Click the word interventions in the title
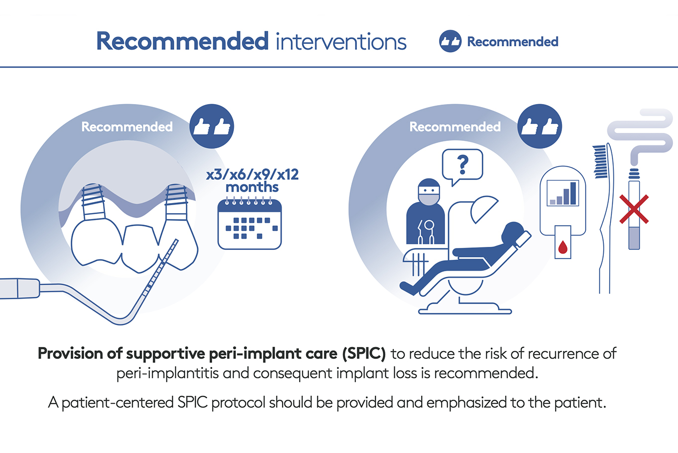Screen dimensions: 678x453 click(x=341, y=41)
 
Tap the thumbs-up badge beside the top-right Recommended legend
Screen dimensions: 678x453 click(x=450, y=41)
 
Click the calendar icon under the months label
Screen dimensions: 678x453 click(x=250, y=224)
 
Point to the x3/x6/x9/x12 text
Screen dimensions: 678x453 click(x=252, y=174)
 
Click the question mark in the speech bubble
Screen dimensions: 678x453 click(x=462, y=165)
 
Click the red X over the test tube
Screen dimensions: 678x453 click(x=634, y=209)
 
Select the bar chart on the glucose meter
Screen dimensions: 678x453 click(x=563, y=193)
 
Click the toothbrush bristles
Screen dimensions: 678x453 click(x=600, y=162)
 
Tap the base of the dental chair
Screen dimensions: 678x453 click(x=465, y=308)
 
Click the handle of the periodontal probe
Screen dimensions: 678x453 click(x=20, y=288)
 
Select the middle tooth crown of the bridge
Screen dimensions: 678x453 click(x=140, y=248)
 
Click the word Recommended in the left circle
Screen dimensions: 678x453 click(x=127, y=127)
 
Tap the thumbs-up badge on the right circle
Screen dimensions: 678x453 click(x=540, y=126)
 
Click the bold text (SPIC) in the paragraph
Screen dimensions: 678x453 click(x=364, y=353)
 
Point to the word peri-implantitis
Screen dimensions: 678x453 click(x=168, y=373)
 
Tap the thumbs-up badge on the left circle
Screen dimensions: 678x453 click(x=212, y=126)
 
